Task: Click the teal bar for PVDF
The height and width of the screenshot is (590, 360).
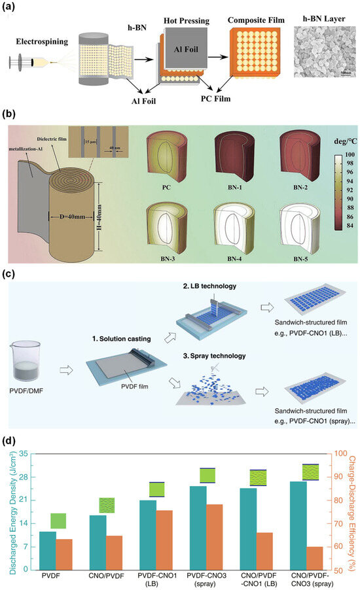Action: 47,532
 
